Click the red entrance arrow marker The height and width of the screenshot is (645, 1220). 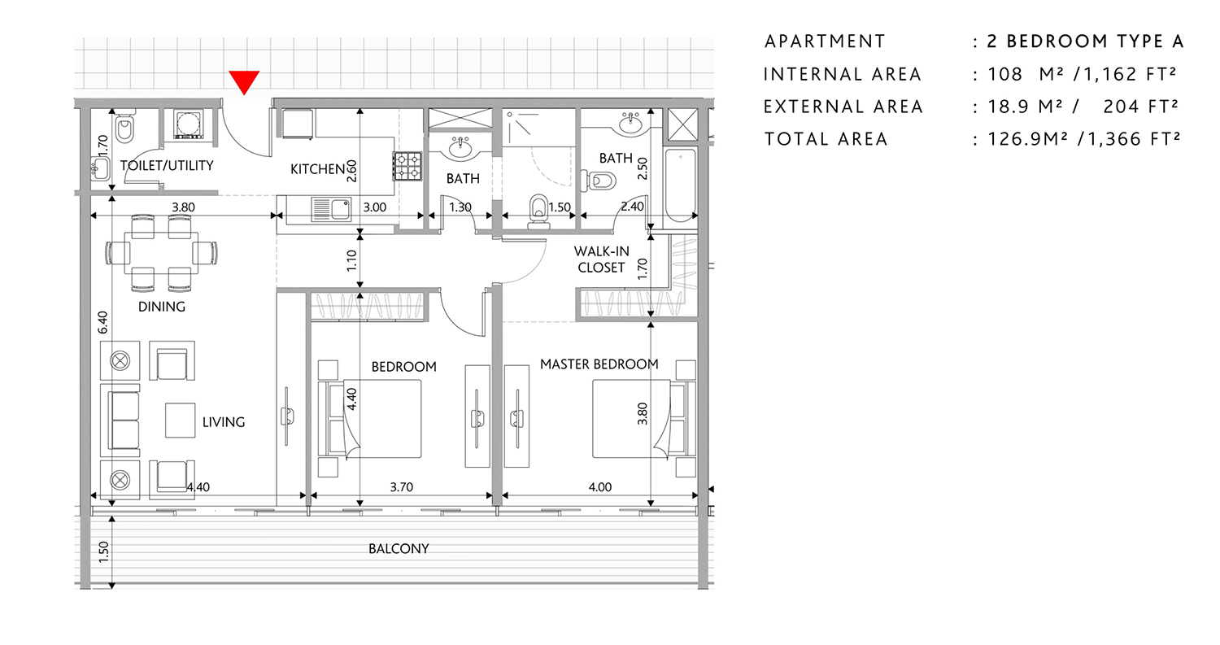coord(244,81)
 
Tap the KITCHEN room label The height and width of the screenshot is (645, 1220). coord(318,169)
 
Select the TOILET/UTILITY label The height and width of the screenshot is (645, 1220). coord(166,166)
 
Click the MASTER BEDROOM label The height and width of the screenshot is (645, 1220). coord(599,364)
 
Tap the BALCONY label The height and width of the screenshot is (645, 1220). coord(398,549)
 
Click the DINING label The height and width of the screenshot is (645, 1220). coord(162,307)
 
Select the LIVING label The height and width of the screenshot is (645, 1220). coord(223,422)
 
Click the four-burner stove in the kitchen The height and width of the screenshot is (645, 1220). coord(407,166)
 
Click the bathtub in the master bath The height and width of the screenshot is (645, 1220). coord(681,187)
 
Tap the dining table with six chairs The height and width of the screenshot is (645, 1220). coord(162,252)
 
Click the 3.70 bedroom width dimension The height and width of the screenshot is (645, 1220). coord(401,488)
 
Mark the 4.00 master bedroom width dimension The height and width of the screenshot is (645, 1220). coord(599,488)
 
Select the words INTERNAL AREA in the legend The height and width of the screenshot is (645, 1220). coord(842,74)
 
